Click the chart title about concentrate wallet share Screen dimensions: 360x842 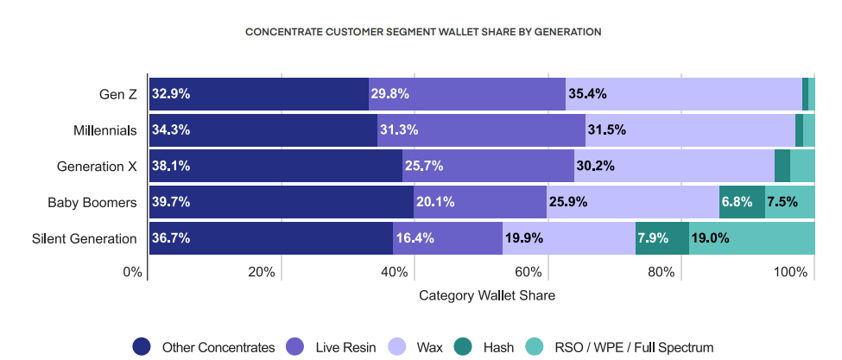423,32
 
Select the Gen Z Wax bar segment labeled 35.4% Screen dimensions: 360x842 683,94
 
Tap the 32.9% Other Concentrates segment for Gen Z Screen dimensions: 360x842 259,94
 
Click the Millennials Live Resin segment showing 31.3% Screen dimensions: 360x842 481,130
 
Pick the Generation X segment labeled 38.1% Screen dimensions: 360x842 275,166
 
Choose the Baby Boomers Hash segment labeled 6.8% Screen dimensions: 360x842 742,202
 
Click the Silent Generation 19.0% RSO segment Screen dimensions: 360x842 751,238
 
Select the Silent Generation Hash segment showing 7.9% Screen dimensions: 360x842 662,238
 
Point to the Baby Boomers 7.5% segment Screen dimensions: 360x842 790,202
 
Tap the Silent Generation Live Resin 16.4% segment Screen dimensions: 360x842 447,238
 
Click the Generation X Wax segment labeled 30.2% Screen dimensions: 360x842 674,166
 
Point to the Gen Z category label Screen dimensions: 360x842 118,94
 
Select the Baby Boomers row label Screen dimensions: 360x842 92,202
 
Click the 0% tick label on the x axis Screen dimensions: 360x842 132,273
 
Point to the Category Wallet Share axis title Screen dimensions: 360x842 487,295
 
